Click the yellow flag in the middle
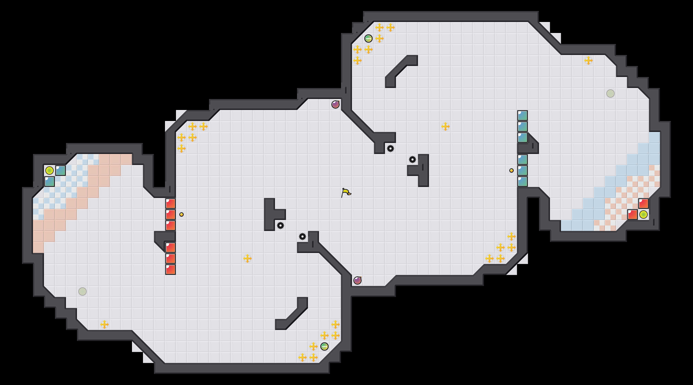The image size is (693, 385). click(346, 193)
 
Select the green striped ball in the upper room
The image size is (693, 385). click(369, 38)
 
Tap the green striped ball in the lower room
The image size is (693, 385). click(324, 346)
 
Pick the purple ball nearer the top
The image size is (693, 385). click(335, 105)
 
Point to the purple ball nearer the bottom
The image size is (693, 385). click(358, 280)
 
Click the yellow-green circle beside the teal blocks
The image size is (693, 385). click(50, 170)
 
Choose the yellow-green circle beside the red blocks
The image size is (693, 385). click(643, 215)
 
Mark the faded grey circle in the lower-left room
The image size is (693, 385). click(82, 291)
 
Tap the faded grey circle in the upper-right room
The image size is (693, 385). click(610, 94)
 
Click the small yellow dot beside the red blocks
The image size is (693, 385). click(182, 215)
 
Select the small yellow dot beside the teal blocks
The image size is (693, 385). click(512, 170)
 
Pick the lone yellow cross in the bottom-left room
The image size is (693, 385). click(105, 324)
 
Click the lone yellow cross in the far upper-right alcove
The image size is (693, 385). click(588, 61)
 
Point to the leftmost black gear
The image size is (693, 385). click(280, 226)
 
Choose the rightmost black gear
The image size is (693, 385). click(413, 159)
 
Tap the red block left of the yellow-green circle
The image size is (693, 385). click(632, 215)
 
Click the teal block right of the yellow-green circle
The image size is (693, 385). click(61, 170)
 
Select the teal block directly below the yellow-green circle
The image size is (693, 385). click(50, 182)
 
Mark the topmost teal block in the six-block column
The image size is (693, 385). click(522, 116)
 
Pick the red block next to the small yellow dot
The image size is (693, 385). click(170, 215)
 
